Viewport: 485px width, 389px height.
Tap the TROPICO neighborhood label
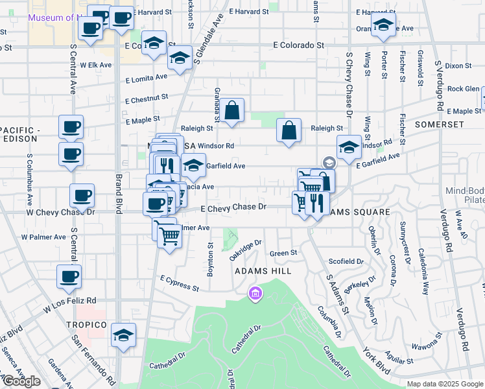pos(86,324)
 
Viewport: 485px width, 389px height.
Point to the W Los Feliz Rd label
pos(69,301)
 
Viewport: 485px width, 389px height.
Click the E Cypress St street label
pos(179,282)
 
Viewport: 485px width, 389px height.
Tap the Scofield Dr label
pos(346,261)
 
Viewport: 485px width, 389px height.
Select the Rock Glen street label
pos(463,89)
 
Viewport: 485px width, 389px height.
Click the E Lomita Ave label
pos(146,78)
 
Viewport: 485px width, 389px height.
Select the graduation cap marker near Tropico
pos(123,335)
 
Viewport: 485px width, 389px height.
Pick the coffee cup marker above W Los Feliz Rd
pos(69,277)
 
